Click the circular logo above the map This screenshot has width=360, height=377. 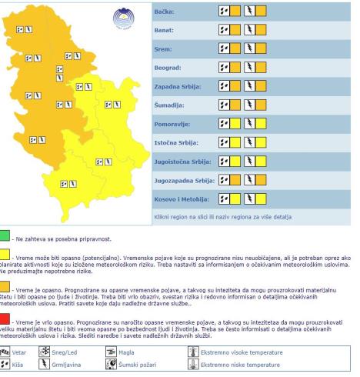point(123,17)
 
